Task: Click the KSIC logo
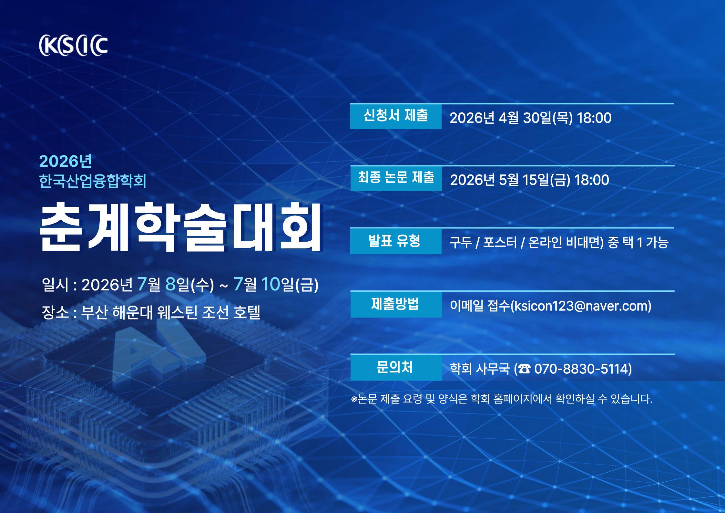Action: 73,45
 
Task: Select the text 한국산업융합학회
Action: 93,181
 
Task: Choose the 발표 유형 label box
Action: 396,241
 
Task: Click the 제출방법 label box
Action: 396,304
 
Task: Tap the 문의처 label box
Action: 396,367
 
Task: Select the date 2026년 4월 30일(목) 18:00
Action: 530,118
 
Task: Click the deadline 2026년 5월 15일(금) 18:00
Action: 529,180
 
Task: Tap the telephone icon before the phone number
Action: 524,369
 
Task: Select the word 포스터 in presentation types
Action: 500,242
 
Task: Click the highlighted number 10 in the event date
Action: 271,284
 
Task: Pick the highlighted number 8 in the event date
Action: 170,284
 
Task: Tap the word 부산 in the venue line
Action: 94,312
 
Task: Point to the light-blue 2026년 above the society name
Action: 66,161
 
